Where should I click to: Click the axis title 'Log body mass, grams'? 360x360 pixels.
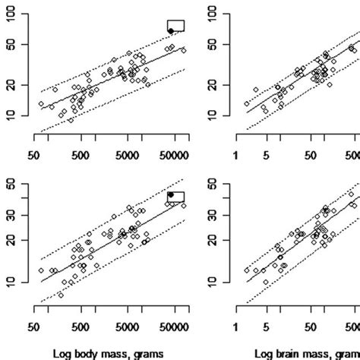pos(112,352)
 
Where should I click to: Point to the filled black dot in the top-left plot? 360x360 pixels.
pos(171,30)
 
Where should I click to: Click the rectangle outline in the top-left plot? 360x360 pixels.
pos(176,25)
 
